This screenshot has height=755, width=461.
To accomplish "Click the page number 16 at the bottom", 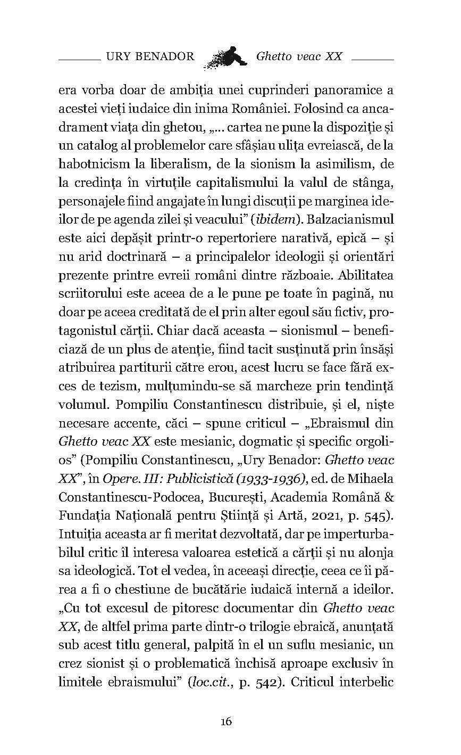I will pos(225,721).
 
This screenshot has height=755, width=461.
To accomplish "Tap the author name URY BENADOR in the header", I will pos(150,56).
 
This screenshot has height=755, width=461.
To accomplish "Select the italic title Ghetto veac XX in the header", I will pos(299,56).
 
